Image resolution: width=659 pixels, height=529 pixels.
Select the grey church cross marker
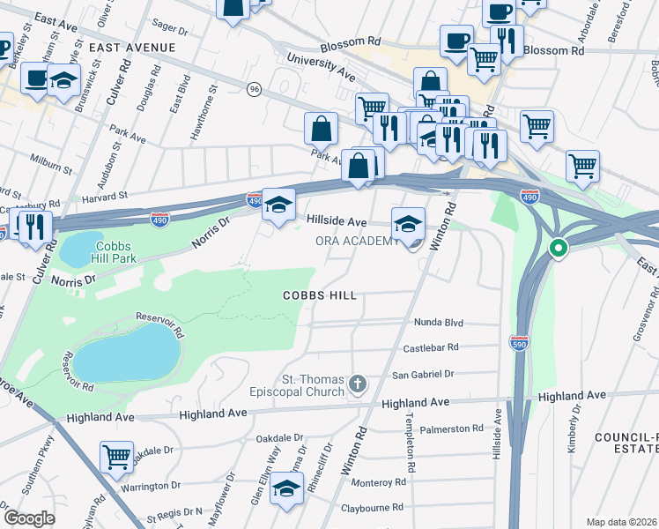357,384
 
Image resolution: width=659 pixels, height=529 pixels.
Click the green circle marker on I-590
557,249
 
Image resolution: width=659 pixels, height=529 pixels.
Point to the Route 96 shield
255,89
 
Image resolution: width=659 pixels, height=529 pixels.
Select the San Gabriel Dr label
423,374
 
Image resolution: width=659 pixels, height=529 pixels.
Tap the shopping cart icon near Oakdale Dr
116,458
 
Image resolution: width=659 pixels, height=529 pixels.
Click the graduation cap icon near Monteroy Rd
286,488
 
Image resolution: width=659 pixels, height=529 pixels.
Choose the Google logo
29,518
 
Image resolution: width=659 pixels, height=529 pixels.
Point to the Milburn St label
50,166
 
